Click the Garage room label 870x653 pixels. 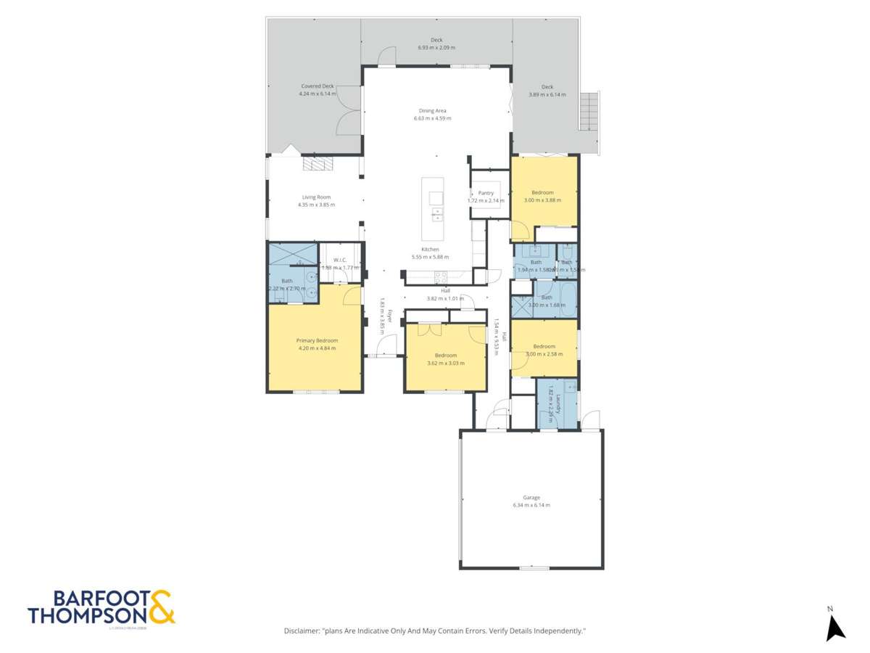click(531, 497)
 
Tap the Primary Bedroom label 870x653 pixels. click(317, 340)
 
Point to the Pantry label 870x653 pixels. click(486, 193)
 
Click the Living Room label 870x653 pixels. click(316, 197)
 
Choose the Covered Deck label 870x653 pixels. click(318, 86)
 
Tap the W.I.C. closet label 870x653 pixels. click(340, 260)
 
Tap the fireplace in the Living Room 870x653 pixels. click(316, 165)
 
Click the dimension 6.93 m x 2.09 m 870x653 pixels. click(436, 48)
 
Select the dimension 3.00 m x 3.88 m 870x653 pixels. click(542, 200)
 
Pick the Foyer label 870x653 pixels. click(389, 316)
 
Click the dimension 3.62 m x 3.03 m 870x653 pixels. click(445, 363)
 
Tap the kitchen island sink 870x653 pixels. click(436, 198)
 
